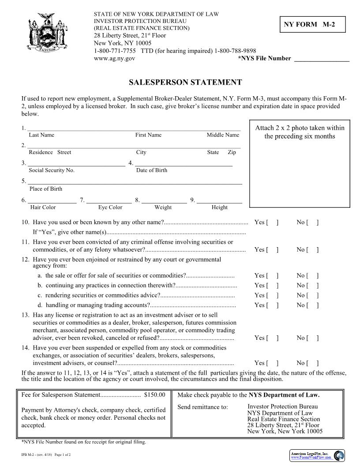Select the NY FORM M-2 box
[x=312, y=25]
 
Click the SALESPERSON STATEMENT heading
[x=185, y=83]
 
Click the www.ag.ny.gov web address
[x=115, y=58]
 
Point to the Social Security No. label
[x=52, y=170]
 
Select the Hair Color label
[x=43, y=207]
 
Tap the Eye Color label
[x=110, y=207]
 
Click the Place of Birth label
[x=46, y=189]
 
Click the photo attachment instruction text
[x=300, y=132]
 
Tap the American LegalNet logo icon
[x=339, y=455]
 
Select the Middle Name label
[x=223, y=135]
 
